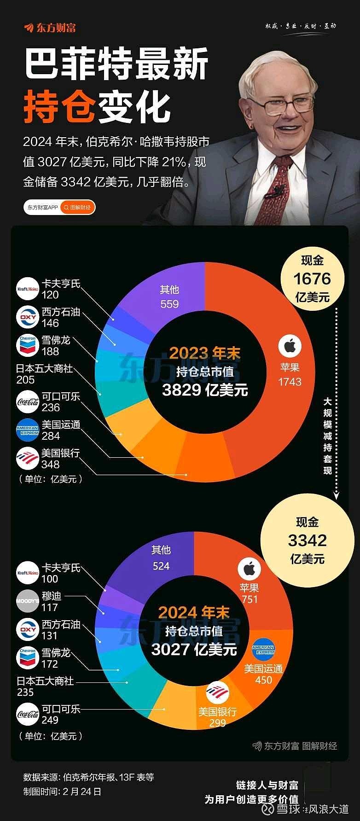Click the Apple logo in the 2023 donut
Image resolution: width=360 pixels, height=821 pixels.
pos(290,346)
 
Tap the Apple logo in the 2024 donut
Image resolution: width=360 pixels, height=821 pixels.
pos(249,569)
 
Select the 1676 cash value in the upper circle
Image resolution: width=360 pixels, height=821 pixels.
pos(312,279)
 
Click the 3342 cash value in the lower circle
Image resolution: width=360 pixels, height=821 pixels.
pos(307,540)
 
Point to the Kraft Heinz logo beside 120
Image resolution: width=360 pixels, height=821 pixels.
pos(27,289)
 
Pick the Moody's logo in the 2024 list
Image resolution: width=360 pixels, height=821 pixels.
pos(27,601)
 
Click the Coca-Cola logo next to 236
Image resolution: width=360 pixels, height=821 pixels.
pos(27,402)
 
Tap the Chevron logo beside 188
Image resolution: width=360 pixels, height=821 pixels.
pos(27,345)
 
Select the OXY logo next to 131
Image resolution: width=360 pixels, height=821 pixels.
pos(27,629)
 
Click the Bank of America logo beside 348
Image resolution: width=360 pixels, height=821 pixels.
pos(27,459)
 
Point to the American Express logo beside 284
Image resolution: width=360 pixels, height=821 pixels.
pos(27,431)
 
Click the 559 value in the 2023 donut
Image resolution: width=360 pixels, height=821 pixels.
pos(169,304)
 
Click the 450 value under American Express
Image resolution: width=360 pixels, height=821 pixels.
pos(263,680)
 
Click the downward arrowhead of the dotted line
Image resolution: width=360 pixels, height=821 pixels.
pos(337,496)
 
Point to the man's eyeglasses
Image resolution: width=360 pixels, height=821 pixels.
pos(286,104)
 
